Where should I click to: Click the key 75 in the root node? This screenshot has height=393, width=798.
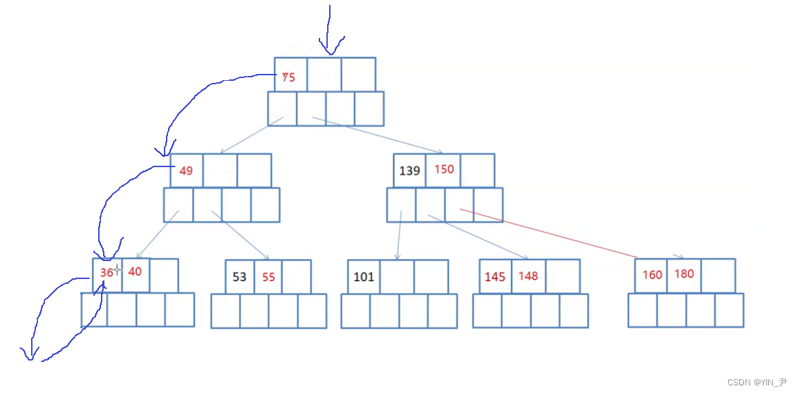pos(288,77)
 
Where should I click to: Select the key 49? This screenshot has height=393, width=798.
pos(186,171)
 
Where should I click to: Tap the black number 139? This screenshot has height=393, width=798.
pos(410,171)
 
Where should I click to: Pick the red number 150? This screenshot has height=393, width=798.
pos(444,169)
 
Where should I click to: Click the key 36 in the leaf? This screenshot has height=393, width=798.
pos(106,273)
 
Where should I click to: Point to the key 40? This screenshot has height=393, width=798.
pos(135,271)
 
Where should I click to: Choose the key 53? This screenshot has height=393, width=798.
pos(239,277)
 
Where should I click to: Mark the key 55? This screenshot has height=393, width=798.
pos(268,277)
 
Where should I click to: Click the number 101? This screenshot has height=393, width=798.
pos(364,277)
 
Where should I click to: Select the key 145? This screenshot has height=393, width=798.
pos(495,277)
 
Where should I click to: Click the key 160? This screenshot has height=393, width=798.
pos(652,274)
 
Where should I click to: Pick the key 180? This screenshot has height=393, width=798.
pos(684,274)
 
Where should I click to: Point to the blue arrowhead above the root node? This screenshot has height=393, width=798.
pos(330,48)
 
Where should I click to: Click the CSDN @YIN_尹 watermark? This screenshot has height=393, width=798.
pos(757,382)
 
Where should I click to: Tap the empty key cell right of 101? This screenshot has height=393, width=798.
pos(397,277)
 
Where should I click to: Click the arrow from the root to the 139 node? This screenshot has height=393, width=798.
pos(377,135)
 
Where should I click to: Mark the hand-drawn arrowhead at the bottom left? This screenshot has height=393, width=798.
pos(29,354)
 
